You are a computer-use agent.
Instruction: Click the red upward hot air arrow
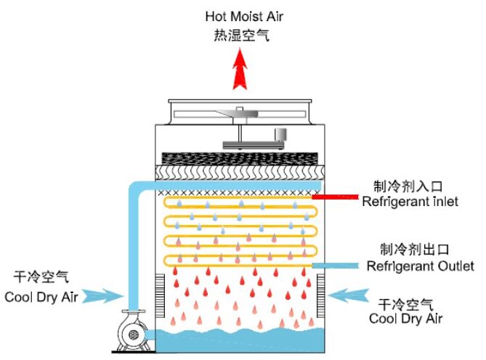click(238, 70)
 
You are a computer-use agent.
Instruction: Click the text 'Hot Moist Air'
click(237, 16)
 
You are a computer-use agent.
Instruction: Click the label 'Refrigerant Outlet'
click(420, 266)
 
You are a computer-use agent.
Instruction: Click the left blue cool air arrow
click(104, 295)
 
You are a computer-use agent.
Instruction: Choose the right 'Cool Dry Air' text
click(406, 318)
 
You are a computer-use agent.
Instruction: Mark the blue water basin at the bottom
click(240, 340)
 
